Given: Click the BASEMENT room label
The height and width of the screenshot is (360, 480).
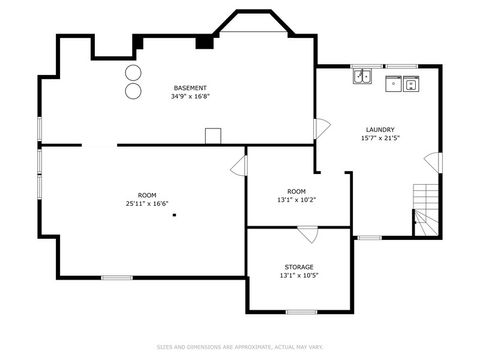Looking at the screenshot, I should tap(190, 88).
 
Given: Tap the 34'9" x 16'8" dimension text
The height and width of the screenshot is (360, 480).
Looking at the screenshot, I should tap(190, 97).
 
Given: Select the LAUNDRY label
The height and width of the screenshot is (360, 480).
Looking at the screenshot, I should tap(379, 129).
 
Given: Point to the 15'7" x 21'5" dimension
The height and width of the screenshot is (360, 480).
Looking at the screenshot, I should tap(379, 138).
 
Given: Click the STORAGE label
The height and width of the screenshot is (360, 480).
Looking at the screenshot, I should tap(298, 267).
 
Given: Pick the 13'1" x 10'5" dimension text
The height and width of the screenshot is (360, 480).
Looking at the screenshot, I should tap(298, 276).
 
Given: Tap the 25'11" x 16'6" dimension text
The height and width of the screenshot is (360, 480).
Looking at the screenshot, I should tap(147, 203).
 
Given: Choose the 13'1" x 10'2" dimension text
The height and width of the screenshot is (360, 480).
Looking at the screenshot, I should tap(297, 199).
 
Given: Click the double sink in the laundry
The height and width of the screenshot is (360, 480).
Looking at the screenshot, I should tap(362, 76).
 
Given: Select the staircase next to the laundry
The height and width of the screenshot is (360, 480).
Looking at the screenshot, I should tap(427, 211).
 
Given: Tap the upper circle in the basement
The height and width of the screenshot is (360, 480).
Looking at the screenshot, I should tap(132, 73).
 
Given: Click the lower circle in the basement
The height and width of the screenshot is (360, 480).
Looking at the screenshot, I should tap(132, 91).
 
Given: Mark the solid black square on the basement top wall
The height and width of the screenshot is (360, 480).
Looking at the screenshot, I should tap(204, 42).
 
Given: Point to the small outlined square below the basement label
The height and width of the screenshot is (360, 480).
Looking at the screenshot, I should tap(212, 136).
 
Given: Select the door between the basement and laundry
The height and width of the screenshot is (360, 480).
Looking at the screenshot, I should tap(322, 128).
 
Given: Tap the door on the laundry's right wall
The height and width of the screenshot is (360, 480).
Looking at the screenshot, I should tap(432, 161).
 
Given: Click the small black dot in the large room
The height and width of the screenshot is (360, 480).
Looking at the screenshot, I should tap(172, 214).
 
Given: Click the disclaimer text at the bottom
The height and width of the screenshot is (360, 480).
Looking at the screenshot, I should tap(240, 346).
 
